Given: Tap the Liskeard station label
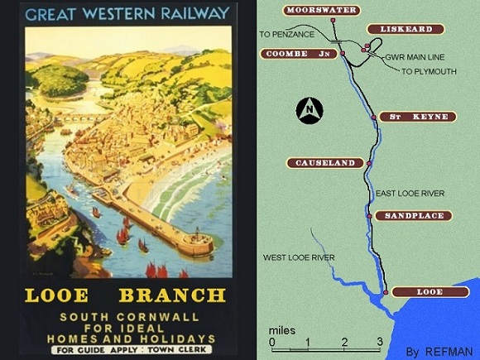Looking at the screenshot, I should click(x=406, y=29).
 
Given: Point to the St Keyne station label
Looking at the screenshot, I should click(x=419, y=117).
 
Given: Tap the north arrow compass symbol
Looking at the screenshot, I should click(x=310, y=109).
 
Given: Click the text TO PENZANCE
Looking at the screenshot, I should click(x=286, y=34).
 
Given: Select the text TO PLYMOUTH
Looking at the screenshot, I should click(x=429, y=72).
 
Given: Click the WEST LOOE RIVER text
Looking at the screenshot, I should click(x=299, y=257).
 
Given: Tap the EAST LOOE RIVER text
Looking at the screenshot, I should click(x=410, y=193).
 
